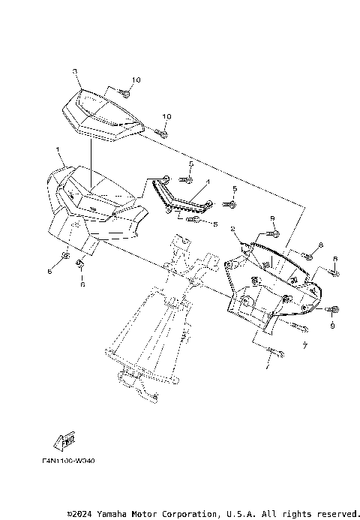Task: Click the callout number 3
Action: coord(75,71)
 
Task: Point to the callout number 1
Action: coord(58,150)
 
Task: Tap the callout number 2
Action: coord(233,228)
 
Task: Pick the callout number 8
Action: coord(320,245)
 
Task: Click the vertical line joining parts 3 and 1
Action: coord(91,161)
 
